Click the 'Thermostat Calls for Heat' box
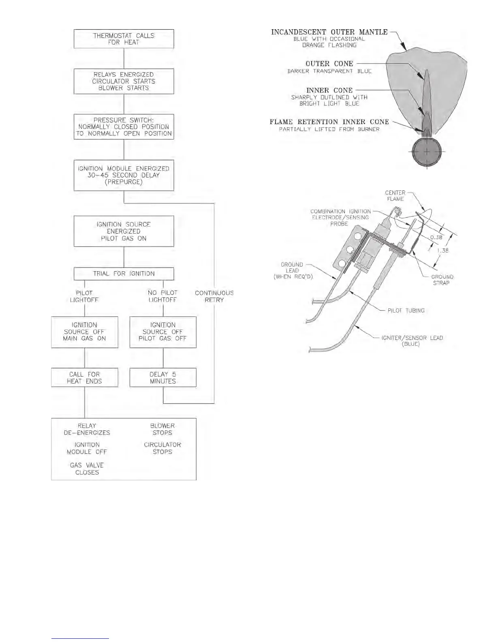[124, 39]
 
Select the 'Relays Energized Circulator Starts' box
[124, 81]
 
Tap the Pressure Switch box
[124, 127]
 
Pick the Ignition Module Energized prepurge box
[124, 175]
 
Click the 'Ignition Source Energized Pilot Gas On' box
[124, 231]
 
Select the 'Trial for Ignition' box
[124, 274]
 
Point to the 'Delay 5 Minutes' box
[163, 377]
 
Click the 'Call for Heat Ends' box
[84, 377]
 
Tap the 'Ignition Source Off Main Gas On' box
[84, 332]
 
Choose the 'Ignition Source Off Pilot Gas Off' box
[163, 332]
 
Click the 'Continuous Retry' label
[214, 296]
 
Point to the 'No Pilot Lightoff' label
[162, 296]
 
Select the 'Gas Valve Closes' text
[87, 469]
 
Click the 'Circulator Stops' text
[162, 448]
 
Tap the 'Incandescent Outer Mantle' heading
[329, 32]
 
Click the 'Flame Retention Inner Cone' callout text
[329, 122]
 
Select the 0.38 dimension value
[436, 238]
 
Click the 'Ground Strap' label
[442, 280]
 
